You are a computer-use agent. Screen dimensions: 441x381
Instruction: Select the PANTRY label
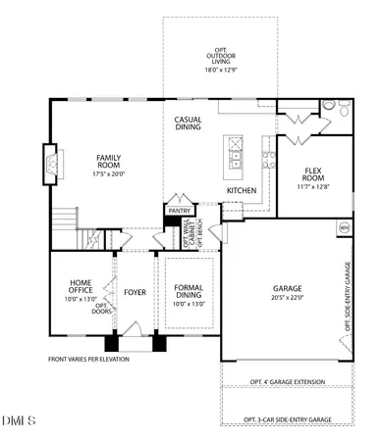[x=179, y=210]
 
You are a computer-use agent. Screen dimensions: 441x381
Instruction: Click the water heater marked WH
[x=344, y=227]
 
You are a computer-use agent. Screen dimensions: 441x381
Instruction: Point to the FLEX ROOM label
[x=313, y=174]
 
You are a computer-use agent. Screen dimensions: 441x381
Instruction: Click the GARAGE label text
[x=287, y=288]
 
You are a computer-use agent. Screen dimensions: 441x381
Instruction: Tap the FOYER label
[x=135, y=293]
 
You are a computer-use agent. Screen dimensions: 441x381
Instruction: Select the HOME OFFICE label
[x=81, y=287]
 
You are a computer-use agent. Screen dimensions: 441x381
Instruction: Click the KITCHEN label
[x=242, y=190]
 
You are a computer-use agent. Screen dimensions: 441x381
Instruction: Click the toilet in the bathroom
[x=330, y=108]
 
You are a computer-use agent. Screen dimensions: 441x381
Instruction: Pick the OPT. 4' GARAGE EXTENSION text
[x=288, y=381]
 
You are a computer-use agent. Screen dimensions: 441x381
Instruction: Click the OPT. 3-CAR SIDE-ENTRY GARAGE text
[x=288, y=420]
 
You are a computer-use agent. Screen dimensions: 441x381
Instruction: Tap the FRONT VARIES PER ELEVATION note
[x=88, y=359]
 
